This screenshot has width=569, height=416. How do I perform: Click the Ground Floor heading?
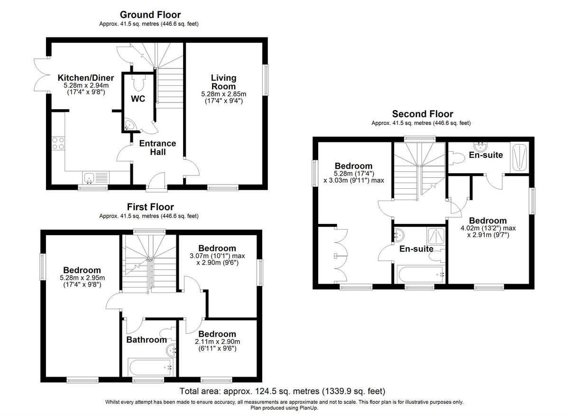(150, 15)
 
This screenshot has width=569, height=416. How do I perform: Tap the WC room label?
(138, 99)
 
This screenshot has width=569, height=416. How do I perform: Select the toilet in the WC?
(139, 83)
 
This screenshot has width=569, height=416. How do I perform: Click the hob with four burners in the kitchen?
(58, 143)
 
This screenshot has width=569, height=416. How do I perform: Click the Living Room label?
(223, 82)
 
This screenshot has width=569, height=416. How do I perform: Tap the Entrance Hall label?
(158, 148)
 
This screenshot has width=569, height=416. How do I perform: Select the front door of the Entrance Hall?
(156, 182)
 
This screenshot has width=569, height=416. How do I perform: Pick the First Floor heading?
(150, 207)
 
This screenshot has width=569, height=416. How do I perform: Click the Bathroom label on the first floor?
(147, 340)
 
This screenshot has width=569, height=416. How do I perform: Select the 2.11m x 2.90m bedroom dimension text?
(217, 342)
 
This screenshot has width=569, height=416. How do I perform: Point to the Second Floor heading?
(422, 114)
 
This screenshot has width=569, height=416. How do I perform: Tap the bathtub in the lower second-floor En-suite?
(420, 274)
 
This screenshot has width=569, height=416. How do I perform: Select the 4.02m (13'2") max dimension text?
(488, 228)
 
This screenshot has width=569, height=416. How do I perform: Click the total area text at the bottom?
(283, 392)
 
